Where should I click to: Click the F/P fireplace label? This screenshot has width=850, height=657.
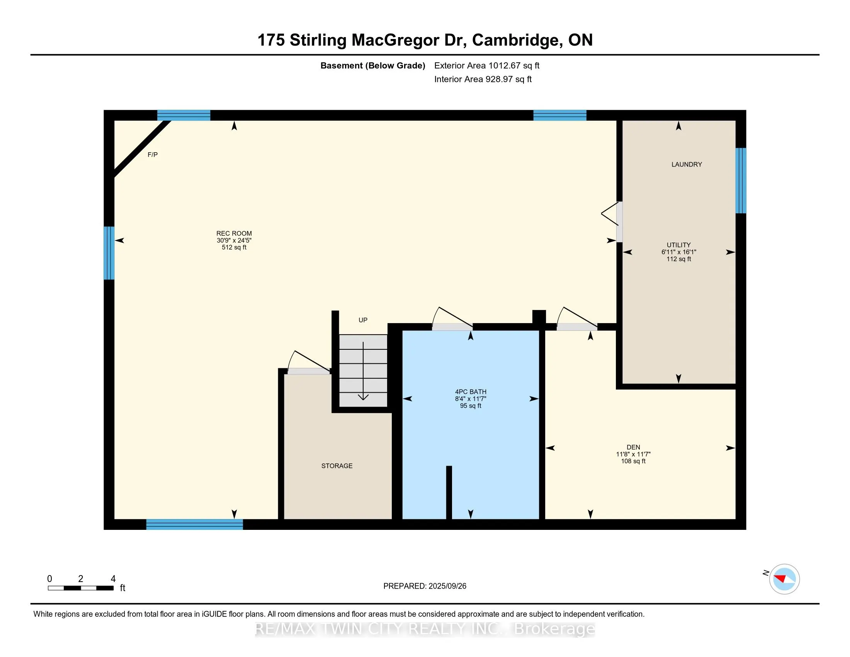tap(153, 155)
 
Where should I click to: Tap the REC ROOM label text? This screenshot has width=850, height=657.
tap(234, 233)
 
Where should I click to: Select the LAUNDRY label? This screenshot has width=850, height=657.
tap(687, 165)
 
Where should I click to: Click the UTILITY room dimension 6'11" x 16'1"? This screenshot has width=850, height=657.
tap(678, 252)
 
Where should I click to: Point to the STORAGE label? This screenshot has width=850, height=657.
tap(337, 466)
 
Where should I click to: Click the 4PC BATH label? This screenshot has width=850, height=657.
tap(471, 392)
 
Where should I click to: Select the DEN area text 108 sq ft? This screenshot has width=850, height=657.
tap(633, 461)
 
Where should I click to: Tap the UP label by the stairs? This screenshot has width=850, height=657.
tap(363, 320)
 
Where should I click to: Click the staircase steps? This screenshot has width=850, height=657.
tap(363, 370)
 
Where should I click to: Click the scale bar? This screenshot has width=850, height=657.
tap(81, 588)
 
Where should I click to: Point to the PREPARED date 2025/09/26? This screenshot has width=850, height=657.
tap(425, 586)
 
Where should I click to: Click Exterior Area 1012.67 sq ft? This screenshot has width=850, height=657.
tap(486, 66)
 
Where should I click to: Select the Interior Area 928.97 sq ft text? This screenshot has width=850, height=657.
tap(483, 79)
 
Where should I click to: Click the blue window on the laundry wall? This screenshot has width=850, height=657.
tap(740, 180)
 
